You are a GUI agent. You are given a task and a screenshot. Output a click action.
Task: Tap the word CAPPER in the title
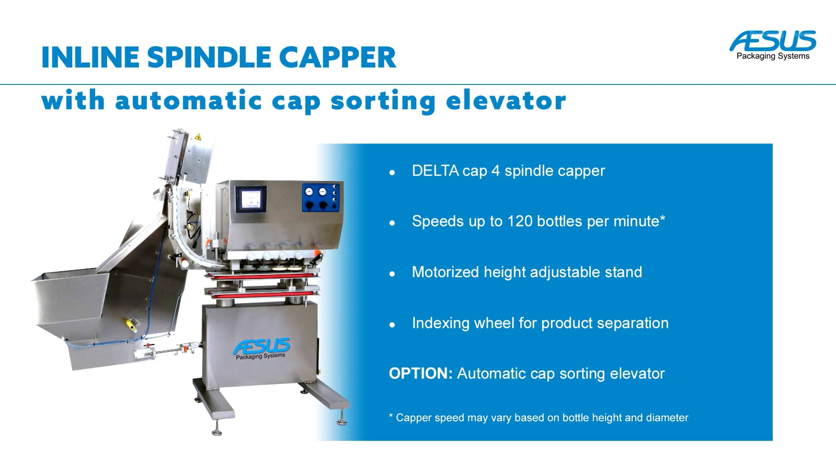337,57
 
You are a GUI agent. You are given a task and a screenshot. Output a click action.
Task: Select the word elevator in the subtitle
506,101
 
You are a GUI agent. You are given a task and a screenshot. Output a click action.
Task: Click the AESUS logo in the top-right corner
773,45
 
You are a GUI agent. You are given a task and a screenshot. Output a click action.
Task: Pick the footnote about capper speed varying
539,418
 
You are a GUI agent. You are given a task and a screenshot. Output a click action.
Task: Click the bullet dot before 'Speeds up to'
392,223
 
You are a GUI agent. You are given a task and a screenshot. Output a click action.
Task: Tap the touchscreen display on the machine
250,199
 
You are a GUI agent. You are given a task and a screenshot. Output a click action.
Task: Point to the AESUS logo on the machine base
261,348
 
